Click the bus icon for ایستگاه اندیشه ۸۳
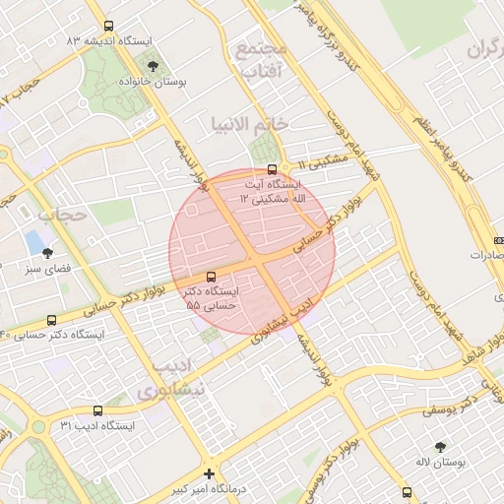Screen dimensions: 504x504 [107, 27]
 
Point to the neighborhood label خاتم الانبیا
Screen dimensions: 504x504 [249, 124]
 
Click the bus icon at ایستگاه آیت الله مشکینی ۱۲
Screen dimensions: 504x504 [273, 168]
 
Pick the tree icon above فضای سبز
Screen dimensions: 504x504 [47, 253]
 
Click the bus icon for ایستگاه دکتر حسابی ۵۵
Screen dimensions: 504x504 [212, 277]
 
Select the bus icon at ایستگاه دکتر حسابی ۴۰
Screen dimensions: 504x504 [51, 320]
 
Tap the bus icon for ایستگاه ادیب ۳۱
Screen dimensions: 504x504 [96, 410]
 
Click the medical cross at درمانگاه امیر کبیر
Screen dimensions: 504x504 [209, 472]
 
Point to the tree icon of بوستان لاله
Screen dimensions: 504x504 [440, 447]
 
